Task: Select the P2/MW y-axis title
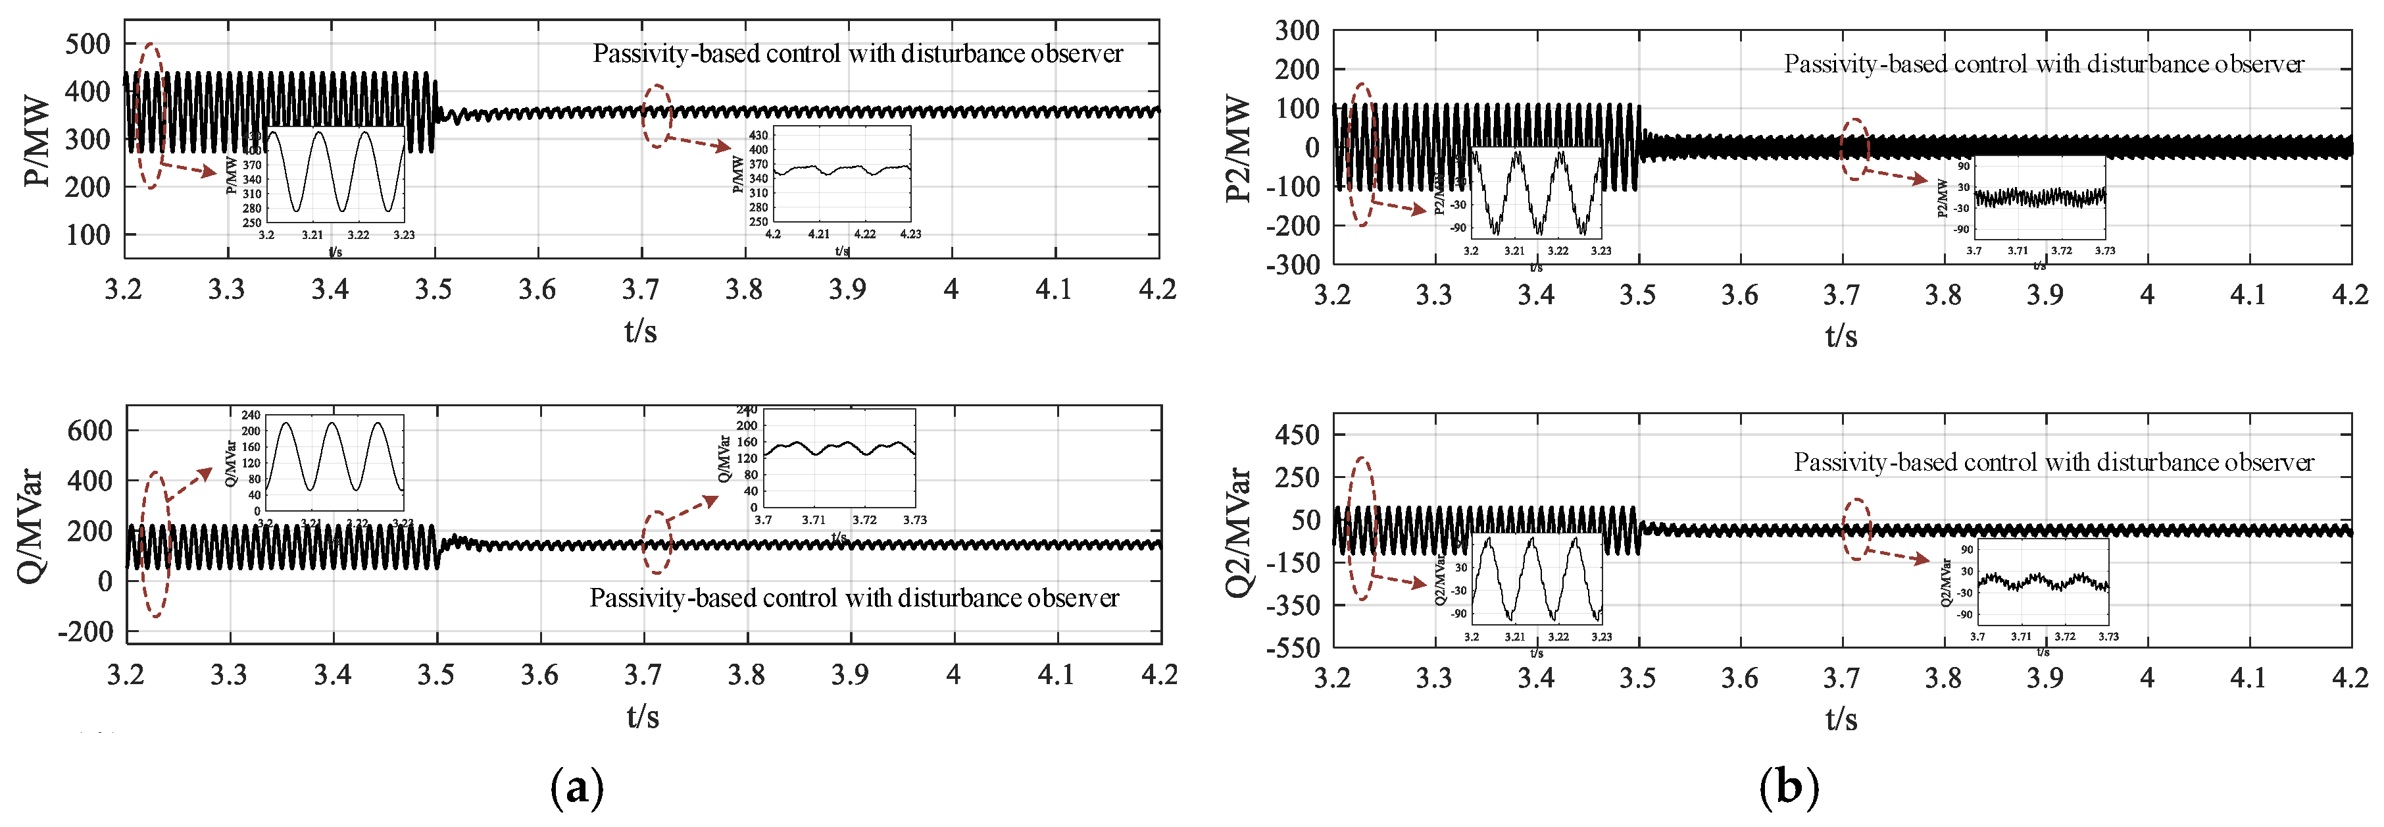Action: (1238, 148)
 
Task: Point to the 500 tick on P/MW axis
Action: (88, 43)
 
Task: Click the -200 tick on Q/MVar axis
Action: (85, 631)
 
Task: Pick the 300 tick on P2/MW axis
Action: (1297, 30)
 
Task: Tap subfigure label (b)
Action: (1788, 788)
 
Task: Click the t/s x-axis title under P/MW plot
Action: (641, 331)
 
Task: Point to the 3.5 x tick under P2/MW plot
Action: (1637, 294)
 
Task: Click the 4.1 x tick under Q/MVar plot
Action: (1056, 674)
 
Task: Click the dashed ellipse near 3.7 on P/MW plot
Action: (657, 116)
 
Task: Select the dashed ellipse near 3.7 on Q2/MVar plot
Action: (1856, 528)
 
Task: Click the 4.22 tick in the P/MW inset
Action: (864, 234)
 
